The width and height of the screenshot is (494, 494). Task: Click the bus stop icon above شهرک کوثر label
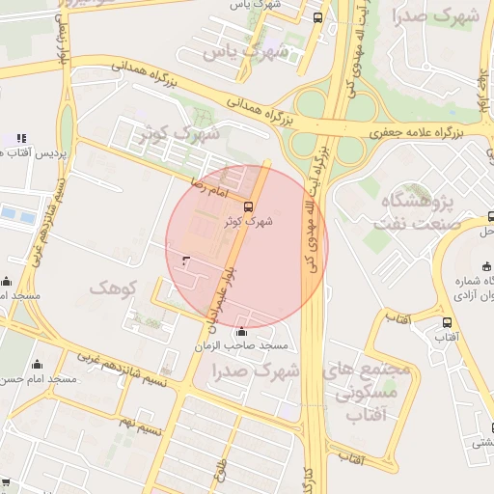click(x=249, y=206)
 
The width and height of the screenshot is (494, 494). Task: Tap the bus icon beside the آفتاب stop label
click(x=447, y=322)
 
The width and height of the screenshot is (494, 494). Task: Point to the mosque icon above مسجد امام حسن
click(x=38, y=364)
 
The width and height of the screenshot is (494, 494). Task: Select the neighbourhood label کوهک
click(x=114, y=288)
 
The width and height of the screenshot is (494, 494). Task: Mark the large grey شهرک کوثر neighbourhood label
click(x=180, y=132)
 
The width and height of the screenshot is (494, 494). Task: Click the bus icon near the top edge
click(x=318, y=16)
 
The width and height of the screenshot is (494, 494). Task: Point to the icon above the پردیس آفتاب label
click(x=21, y=138)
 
